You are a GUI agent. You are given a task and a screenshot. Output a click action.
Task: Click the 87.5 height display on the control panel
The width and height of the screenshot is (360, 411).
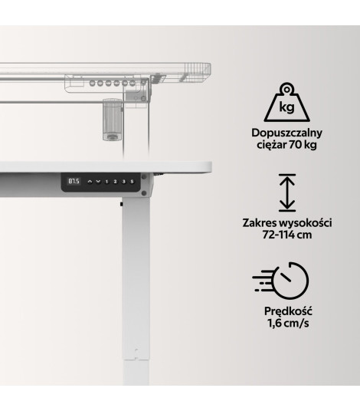click(74, 181)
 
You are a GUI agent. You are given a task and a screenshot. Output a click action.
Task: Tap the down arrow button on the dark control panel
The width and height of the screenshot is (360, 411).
click(98, 182)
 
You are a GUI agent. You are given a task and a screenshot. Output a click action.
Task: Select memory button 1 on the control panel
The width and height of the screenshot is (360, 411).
click(106, 182)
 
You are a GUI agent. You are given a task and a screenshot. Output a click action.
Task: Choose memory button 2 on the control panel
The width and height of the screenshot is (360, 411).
click(115, 182)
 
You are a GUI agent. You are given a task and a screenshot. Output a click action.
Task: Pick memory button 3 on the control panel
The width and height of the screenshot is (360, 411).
click(123, 182)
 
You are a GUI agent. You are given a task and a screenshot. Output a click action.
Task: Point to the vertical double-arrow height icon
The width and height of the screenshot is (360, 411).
click(287, 192)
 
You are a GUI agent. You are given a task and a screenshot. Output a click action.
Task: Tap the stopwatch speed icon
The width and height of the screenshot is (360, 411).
click(280, 281)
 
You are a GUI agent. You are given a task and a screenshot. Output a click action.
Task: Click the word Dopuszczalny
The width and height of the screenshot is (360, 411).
click(286, 133)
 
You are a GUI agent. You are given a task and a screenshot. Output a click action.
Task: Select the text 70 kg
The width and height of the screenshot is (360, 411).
click(303, 145)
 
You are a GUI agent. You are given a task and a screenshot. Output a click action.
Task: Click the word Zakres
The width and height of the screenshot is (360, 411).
click(259, 223)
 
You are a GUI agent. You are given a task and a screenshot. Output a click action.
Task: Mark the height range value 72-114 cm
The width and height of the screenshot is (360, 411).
click(287, 235)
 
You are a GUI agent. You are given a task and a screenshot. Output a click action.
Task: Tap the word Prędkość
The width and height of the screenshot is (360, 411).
click(288, 311)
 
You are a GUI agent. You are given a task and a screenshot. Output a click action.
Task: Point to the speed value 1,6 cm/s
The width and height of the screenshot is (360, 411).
click(288, 323)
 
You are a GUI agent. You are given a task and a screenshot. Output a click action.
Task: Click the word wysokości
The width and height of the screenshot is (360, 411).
click(306, 223)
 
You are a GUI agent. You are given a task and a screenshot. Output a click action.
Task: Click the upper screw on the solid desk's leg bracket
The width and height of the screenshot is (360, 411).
click(144, 177)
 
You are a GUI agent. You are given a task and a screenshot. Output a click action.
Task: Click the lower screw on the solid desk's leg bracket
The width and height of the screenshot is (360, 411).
click(144, 193)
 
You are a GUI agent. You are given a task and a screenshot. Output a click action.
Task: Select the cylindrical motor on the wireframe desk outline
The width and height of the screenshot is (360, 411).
click(113, 120)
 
